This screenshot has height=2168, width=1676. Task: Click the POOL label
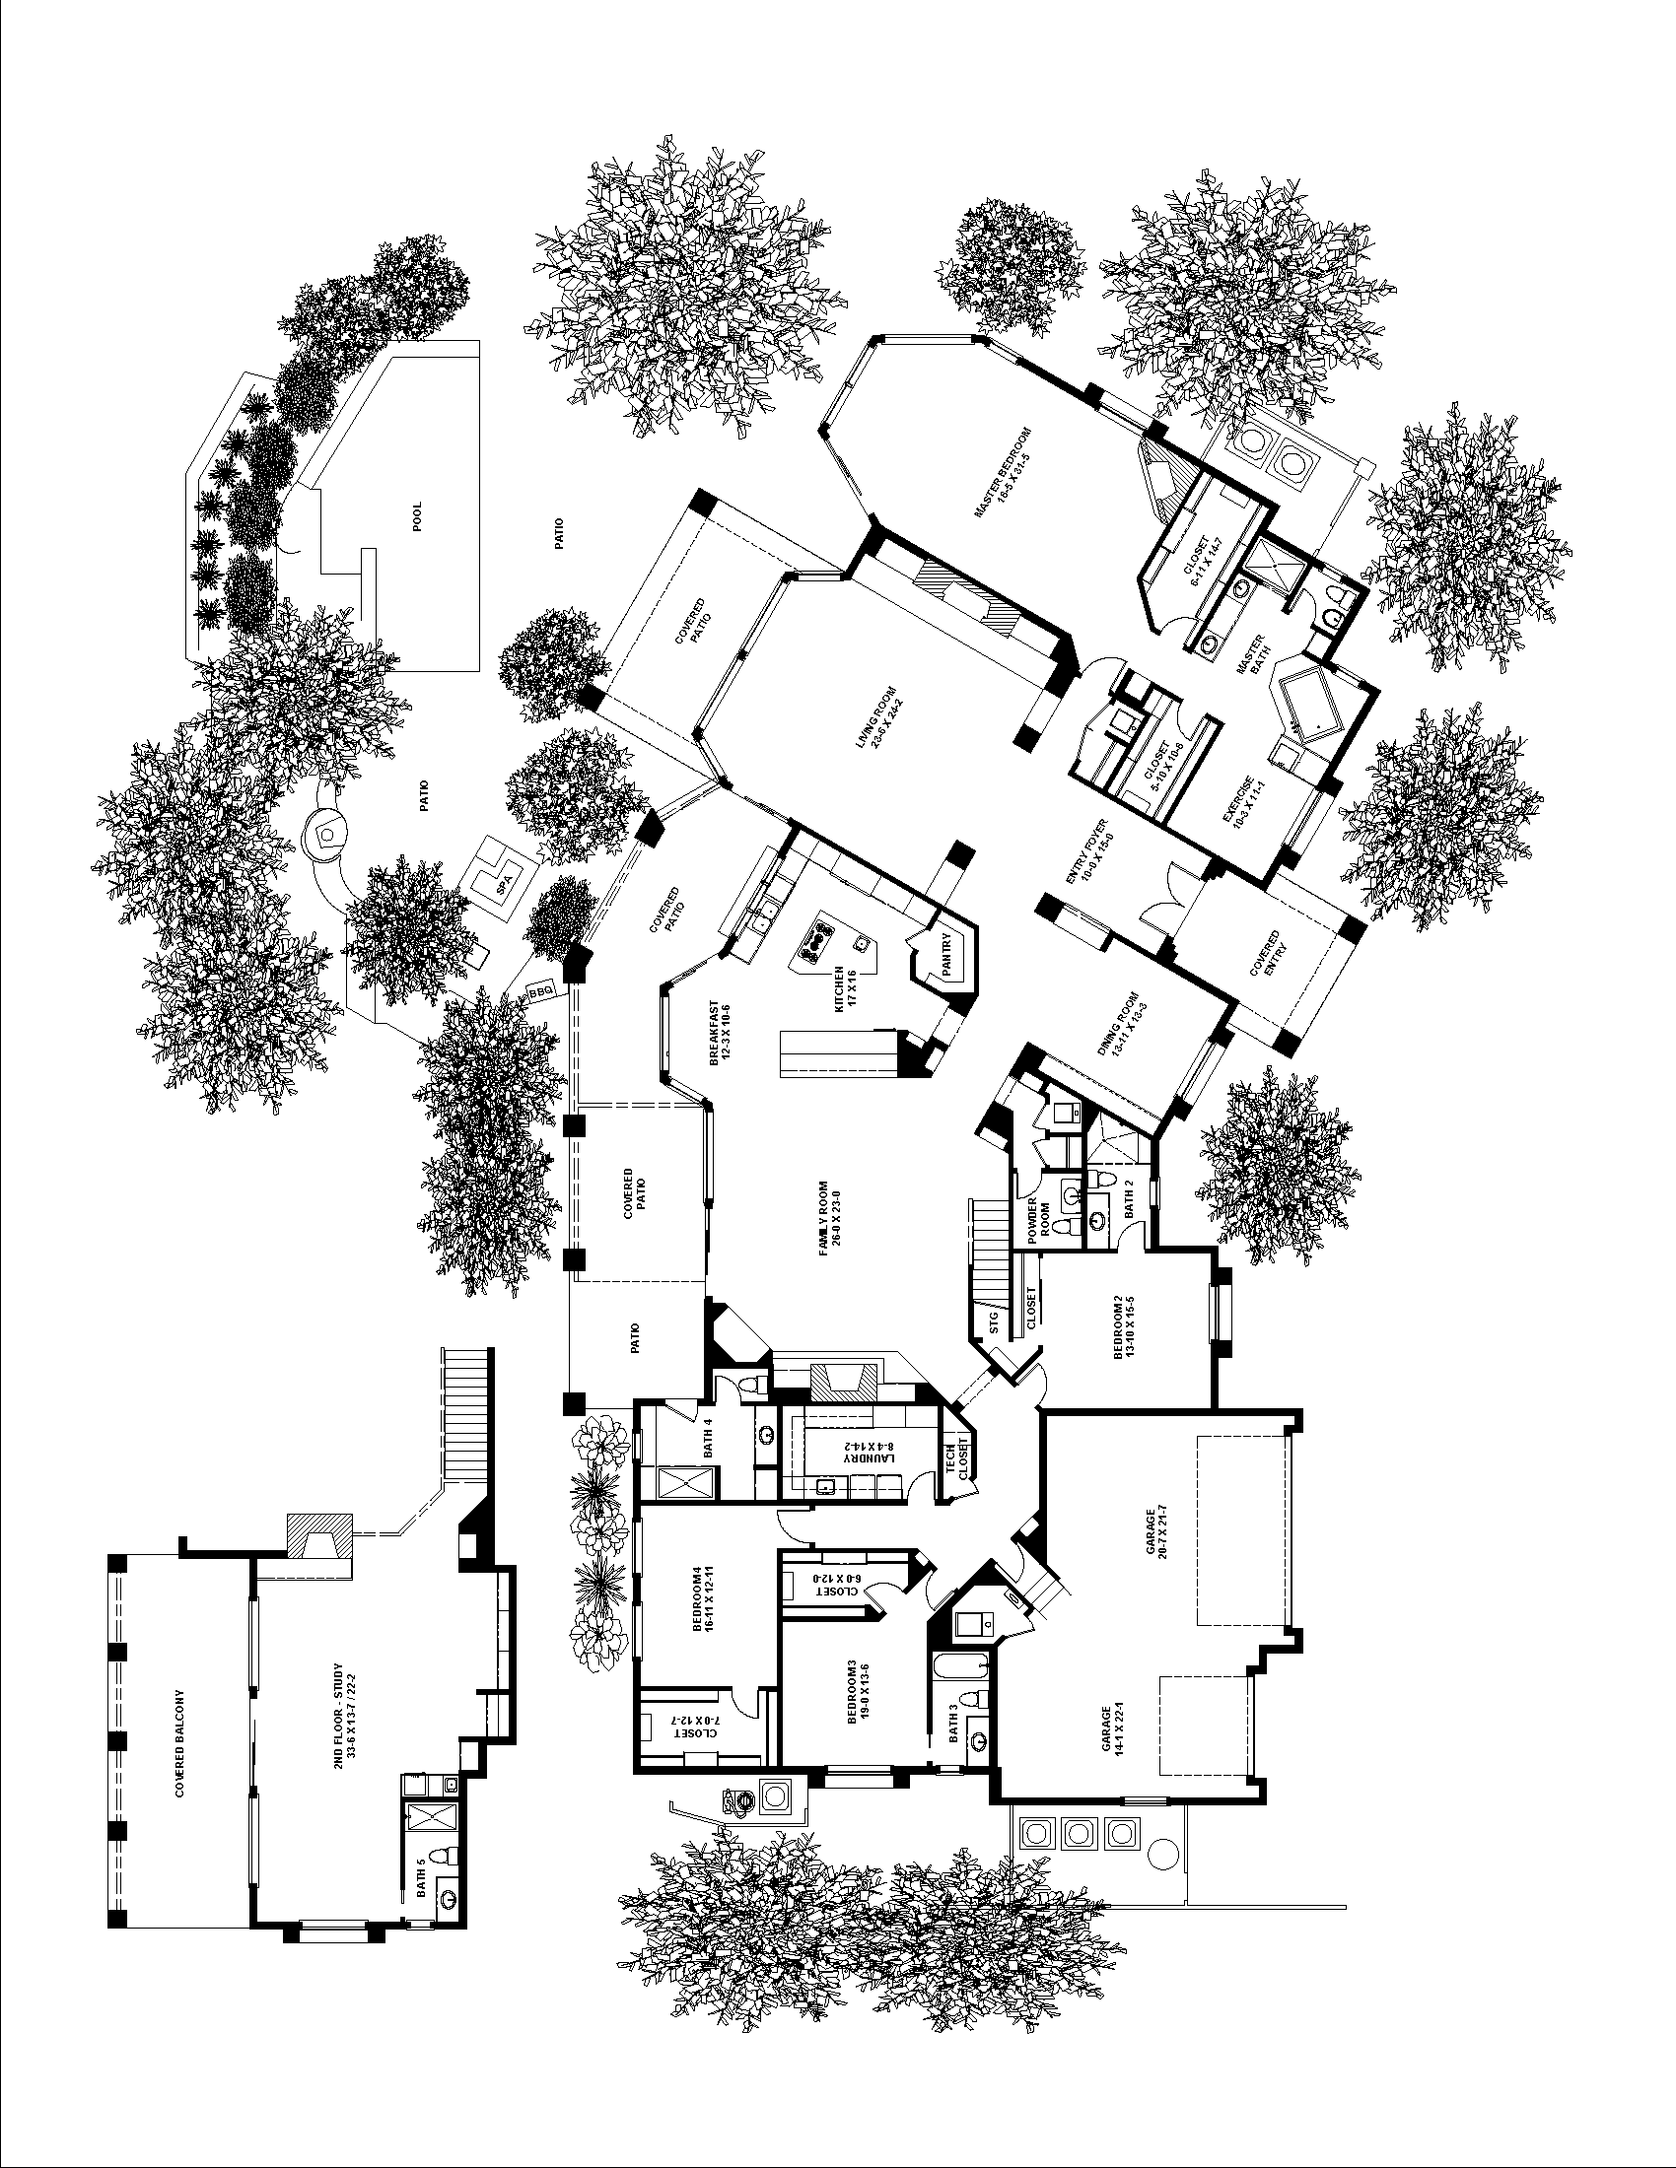[x=417, y=515]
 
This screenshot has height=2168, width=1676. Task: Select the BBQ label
[x=540, y=989]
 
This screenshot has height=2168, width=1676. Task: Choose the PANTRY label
[x=948, y=957]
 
